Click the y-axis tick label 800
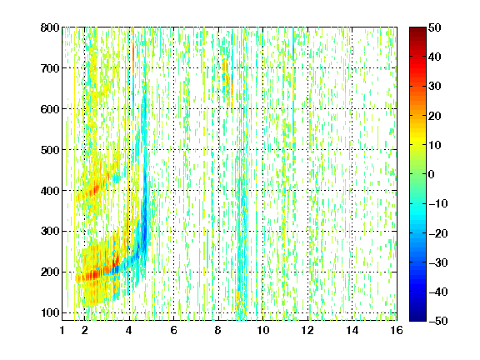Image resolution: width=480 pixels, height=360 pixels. [x=50, y=27]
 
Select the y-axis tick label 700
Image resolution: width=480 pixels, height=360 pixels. [x=50, y=68]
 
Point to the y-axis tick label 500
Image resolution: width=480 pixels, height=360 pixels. [x=50, y=150]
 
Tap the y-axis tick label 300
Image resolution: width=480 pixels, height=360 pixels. [x=50, y=231]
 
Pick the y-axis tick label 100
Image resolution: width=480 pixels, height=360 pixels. [x=50, y=312]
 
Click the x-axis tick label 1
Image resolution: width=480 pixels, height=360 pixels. [x=62, y=330]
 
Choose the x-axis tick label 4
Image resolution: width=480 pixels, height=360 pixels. [x=129, y=330]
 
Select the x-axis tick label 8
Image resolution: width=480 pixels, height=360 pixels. [x=218, y=330]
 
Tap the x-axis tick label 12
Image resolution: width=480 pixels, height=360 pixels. [x=307, y=330]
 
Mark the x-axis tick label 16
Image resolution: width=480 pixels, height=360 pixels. [x=397, y=330]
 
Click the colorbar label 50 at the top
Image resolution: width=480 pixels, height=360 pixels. [x=435, y=27]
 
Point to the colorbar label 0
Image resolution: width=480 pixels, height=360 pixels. [x=432, y=174]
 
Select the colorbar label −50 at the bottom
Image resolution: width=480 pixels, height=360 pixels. [x=438, y=321]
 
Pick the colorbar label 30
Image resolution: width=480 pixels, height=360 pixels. [x=435, y=87]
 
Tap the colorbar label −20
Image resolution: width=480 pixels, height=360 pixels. [x=438, y=233]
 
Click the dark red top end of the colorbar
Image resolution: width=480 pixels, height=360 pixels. [x=417, y=29]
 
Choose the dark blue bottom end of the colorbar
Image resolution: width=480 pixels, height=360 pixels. [x=417, y=319]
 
